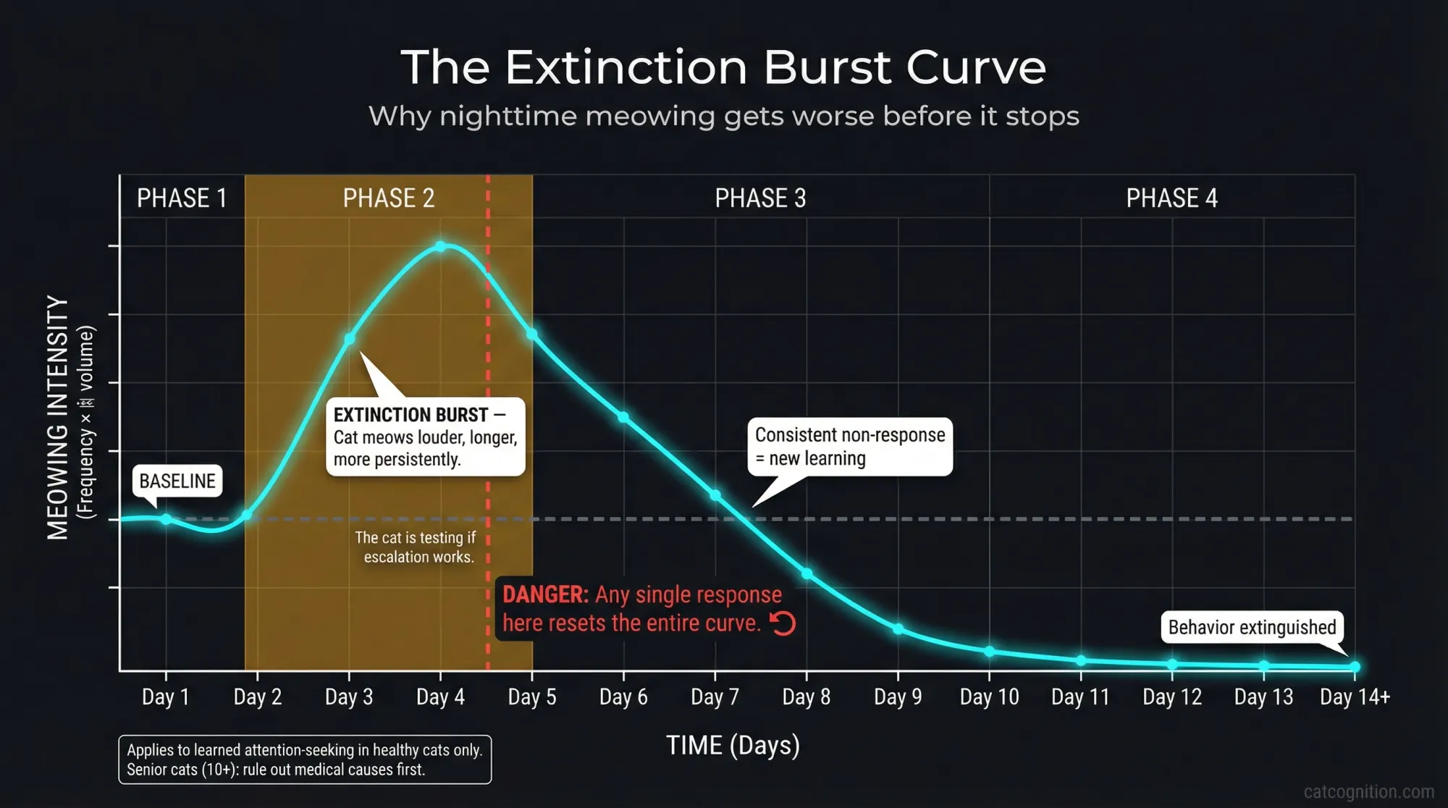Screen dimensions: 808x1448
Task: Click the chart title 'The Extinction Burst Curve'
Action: point(723,67)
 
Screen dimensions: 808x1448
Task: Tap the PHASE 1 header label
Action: point(182,198)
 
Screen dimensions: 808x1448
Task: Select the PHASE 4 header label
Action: point(1171,198)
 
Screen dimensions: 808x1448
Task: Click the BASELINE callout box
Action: point(177,481)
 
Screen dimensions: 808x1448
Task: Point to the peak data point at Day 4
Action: point(441,247)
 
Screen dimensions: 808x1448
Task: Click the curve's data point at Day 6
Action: point(623,417)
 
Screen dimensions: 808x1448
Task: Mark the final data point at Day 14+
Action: point(1355,667)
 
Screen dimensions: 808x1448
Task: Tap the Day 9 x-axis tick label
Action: point(898,697)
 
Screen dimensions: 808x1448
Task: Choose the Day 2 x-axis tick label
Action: point(258,697)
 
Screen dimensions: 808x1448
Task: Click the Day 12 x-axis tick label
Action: point(1172,697)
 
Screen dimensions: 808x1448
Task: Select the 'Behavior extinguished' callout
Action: point(1252,627)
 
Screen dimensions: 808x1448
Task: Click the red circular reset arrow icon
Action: point(783,623)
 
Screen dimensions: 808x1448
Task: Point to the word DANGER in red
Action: point(545,594)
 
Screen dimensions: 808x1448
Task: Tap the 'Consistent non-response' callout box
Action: point(849,447)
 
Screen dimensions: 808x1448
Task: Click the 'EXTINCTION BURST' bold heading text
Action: point(411,415)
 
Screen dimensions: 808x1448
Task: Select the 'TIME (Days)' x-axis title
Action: point(733,745)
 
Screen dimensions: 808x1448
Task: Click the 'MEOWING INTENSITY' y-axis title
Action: point(58,417)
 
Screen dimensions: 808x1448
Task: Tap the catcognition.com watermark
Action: point(1368,791)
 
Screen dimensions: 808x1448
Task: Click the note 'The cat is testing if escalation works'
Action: point(416,547)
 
